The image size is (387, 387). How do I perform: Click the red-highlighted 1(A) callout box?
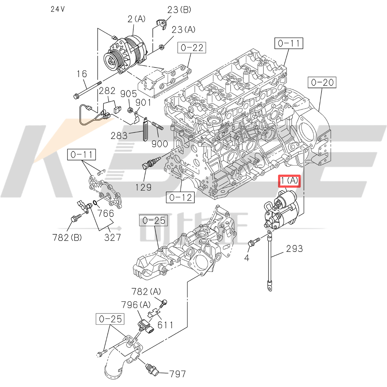289,181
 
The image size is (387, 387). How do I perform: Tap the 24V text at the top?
58,9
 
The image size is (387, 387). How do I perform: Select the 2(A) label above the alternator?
136,19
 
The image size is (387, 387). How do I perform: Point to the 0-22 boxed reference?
192,48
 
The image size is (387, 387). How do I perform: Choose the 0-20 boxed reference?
322,83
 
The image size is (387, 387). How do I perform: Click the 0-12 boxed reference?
181,197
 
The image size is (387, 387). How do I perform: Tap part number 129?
143,187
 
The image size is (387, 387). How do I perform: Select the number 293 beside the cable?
294,249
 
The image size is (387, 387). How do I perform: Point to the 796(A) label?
136,304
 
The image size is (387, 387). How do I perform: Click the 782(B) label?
67,238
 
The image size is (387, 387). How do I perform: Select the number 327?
113,237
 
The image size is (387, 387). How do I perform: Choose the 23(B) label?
179,10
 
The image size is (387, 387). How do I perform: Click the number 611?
165,325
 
